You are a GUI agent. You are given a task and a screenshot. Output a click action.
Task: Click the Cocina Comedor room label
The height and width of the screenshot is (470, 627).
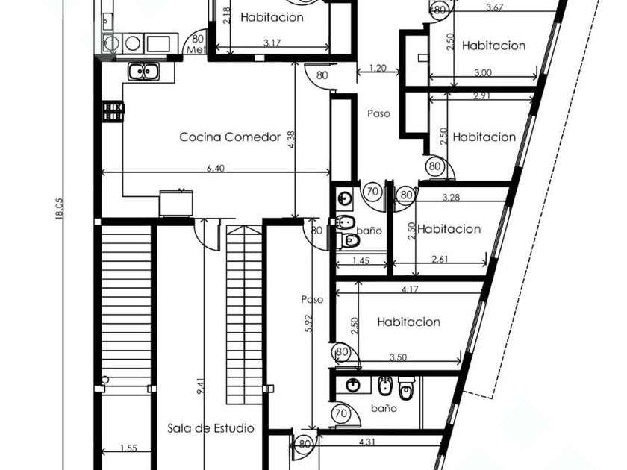click(x=230, y=137)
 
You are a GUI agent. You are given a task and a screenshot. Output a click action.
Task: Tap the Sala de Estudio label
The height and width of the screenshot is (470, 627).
click(x=210, y=428)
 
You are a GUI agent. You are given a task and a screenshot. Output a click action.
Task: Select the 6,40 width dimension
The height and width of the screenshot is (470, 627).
click(x=216, y=169)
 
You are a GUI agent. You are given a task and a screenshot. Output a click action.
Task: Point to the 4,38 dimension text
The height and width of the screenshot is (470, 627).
click(x=292, y=141)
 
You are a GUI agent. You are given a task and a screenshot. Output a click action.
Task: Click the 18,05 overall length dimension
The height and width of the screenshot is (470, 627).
click(x=59, y=209)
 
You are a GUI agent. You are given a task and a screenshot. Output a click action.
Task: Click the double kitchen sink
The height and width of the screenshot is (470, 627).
click(x=144, y=72)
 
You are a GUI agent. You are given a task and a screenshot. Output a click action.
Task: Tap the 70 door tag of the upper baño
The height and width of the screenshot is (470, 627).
click(x=372, y=192)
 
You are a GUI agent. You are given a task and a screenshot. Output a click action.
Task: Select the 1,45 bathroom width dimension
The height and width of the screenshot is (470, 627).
click(x=361, y=261)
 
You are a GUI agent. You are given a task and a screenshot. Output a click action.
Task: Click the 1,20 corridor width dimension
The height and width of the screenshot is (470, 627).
click(x=378, y=68)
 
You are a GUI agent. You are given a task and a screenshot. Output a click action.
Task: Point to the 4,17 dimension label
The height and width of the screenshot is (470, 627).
click(x=410, y=289)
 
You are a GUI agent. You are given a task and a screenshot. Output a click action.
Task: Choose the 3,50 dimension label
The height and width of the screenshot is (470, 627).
click(x=398, y=357)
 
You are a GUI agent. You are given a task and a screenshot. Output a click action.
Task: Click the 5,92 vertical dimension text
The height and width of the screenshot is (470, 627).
click(x=308, y=323)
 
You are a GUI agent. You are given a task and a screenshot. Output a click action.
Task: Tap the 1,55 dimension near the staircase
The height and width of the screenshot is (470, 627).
click(x=128, y=448)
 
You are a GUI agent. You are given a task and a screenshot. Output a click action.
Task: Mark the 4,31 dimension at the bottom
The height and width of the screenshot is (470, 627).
click(x=367, y=442)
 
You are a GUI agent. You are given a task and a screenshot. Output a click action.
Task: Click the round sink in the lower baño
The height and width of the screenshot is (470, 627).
click(x=353, y=385)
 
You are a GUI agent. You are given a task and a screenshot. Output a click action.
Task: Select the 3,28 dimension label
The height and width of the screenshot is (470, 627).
click(x=451, y=197)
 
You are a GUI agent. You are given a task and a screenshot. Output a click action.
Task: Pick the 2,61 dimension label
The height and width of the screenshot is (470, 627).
click(x=440, y=259)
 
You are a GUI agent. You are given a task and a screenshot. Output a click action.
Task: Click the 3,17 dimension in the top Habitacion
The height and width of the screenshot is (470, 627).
click(x=272, y=43)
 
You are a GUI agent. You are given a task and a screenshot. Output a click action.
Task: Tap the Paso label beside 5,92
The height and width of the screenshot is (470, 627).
click(x=312, y=300)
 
